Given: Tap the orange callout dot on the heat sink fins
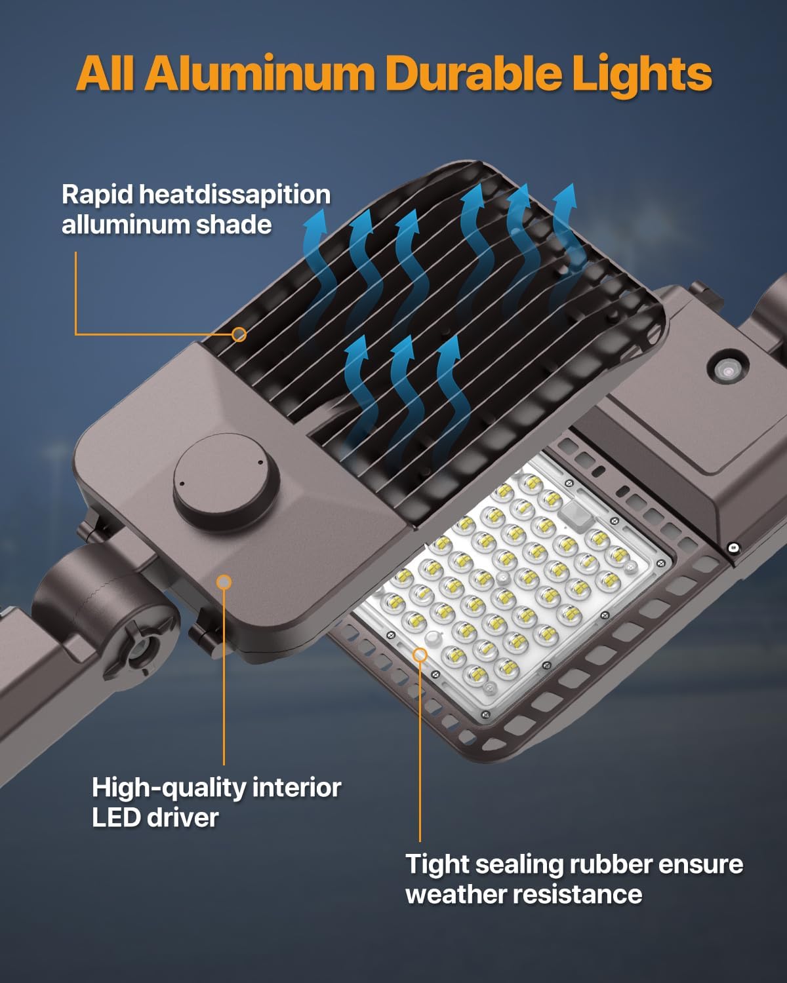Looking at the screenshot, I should pos(239,334).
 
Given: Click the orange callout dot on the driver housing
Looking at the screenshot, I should pos(224,582).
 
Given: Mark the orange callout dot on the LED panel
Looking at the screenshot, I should pos(420,654).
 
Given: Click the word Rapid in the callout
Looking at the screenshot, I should pos(96,195).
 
